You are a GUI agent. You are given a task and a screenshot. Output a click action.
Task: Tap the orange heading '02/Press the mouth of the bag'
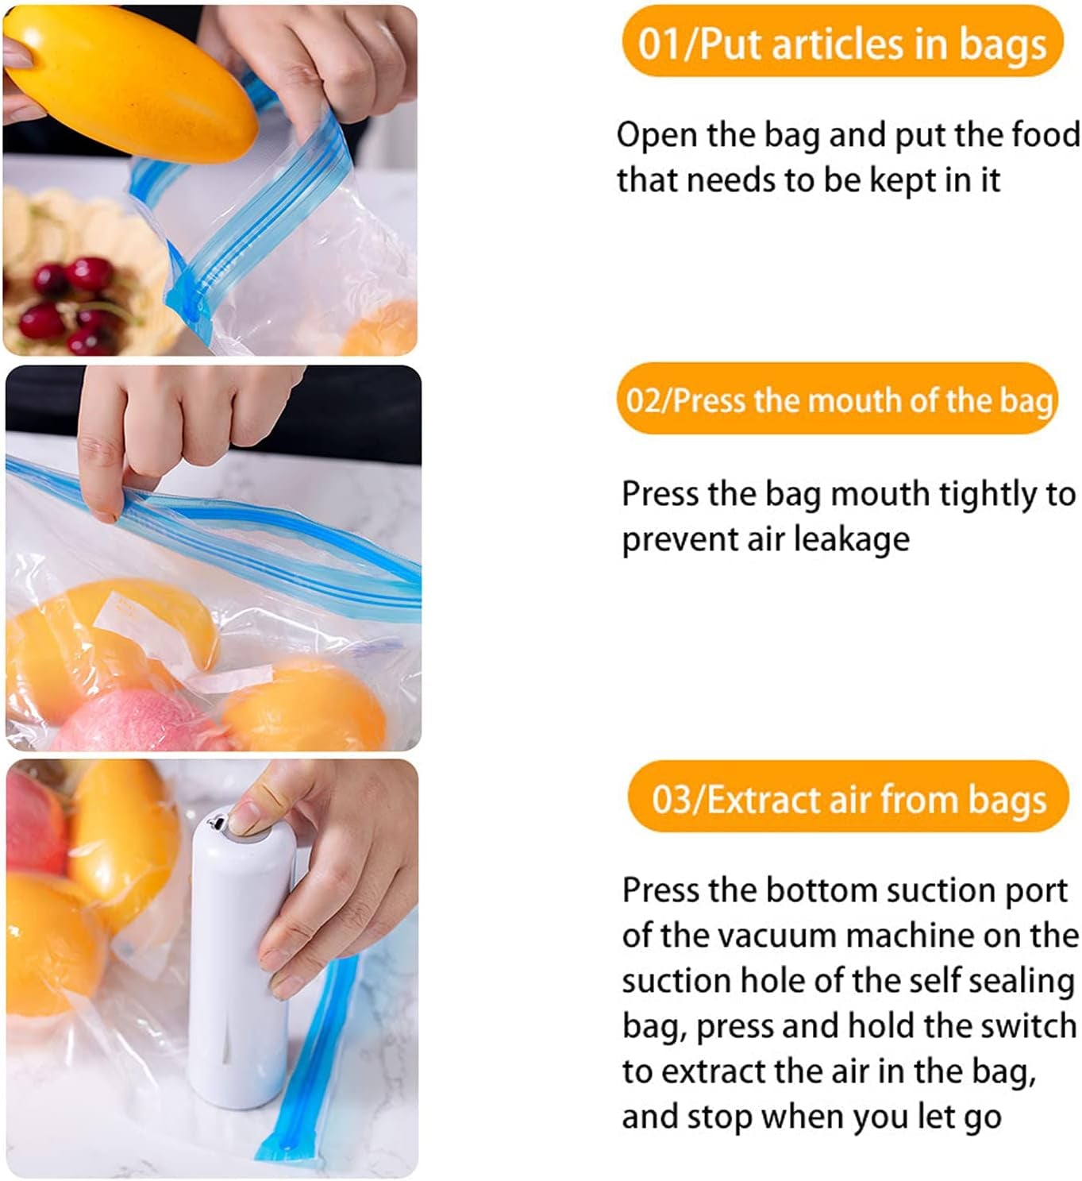point(837,399)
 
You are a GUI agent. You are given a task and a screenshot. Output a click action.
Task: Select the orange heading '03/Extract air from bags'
point(848,798)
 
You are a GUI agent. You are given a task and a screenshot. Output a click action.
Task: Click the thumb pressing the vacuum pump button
point(254,814)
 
